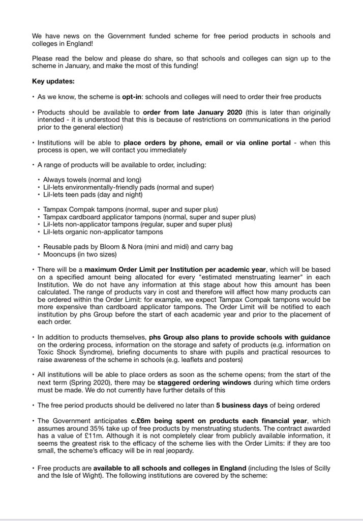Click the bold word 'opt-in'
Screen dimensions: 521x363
click(x=132, y=97)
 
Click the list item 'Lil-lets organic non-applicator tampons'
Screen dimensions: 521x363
click(x=103, y=232)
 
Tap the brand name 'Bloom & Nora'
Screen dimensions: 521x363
click(x=120, y=247)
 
